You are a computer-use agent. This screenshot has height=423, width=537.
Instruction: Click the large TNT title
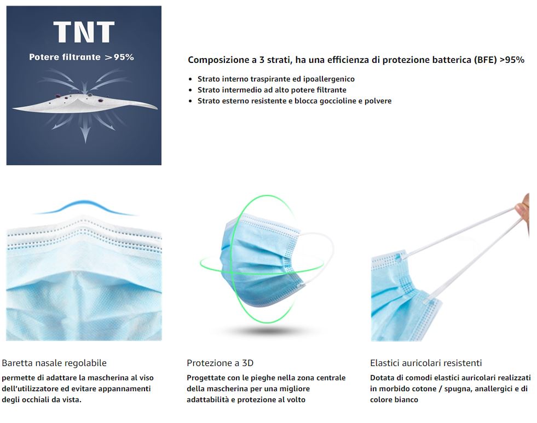[x=84, y=32]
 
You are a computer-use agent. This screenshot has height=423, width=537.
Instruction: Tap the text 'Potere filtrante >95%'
[x=82, y=57]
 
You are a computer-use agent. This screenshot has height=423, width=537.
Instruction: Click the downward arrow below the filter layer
[x=85, y=132]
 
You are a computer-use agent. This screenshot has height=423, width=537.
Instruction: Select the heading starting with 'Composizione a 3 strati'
[x=356, y=60]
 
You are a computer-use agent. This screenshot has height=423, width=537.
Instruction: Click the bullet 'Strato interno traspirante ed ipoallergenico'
[x=276, y=79]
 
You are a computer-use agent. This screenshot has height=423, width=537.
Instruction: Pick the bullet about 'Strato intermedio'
[x=272, y=90]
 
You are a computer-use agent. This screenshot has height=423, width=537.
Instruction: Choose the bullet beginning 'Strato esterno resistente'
[x=295, y=101]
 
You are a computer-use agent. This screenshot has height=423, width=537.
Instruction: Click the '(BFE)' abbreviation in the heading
[x=486, y=60]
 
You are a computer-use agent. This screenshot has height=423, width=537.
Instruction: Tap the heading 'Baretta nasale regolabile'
[x=54, y=363]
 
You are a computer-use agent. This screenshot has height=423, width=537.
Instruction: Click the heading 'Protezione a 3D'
[x=220, y=363]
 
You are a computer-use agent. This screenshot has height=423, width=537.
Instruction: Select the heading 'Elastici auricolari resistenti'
[x=426, y=363]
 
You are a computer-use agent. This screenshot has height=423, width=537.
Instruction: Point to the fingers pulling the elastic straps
[x=523, y=208]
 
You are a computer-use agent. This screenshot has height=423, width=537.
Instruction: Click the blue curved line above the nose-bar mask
[x=85, y=207]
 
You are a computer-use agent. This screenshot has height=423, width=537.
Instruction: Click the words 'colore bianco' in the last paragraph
[x=394, y=399]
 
